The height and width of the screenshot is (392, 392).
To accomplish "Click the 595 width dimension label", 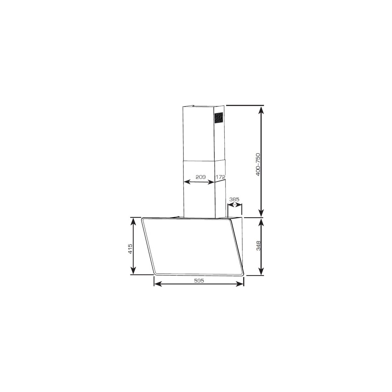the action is click(x=199, y=281).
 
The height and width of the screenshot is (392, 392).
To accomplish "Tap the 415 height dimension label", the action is click(x=130, y=249).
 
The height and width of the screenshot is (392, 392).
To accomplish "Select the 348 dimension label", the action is click(x=258, y=246).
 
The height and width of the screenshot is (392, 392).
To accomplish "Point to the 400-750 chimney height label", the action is click(x=258, y=164).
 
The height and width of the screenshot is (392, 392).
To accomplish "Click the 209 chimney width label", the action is click(x=200, y=177).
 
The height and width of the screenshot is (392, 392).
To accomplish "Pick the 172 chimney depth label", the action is click(x=220, y=177).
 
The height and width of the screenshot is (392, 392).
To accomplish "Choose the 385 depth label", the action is click(x=234, y=199).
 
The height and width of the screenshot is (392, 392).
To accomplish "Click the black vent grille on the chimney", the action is click(x=218, y=118).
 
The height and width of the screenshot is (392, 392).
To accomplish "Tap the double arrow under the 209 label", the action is click(x=199, y=182).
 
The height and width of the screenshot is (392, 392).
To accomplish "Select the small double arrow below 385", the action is click(x=235, y=205).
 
